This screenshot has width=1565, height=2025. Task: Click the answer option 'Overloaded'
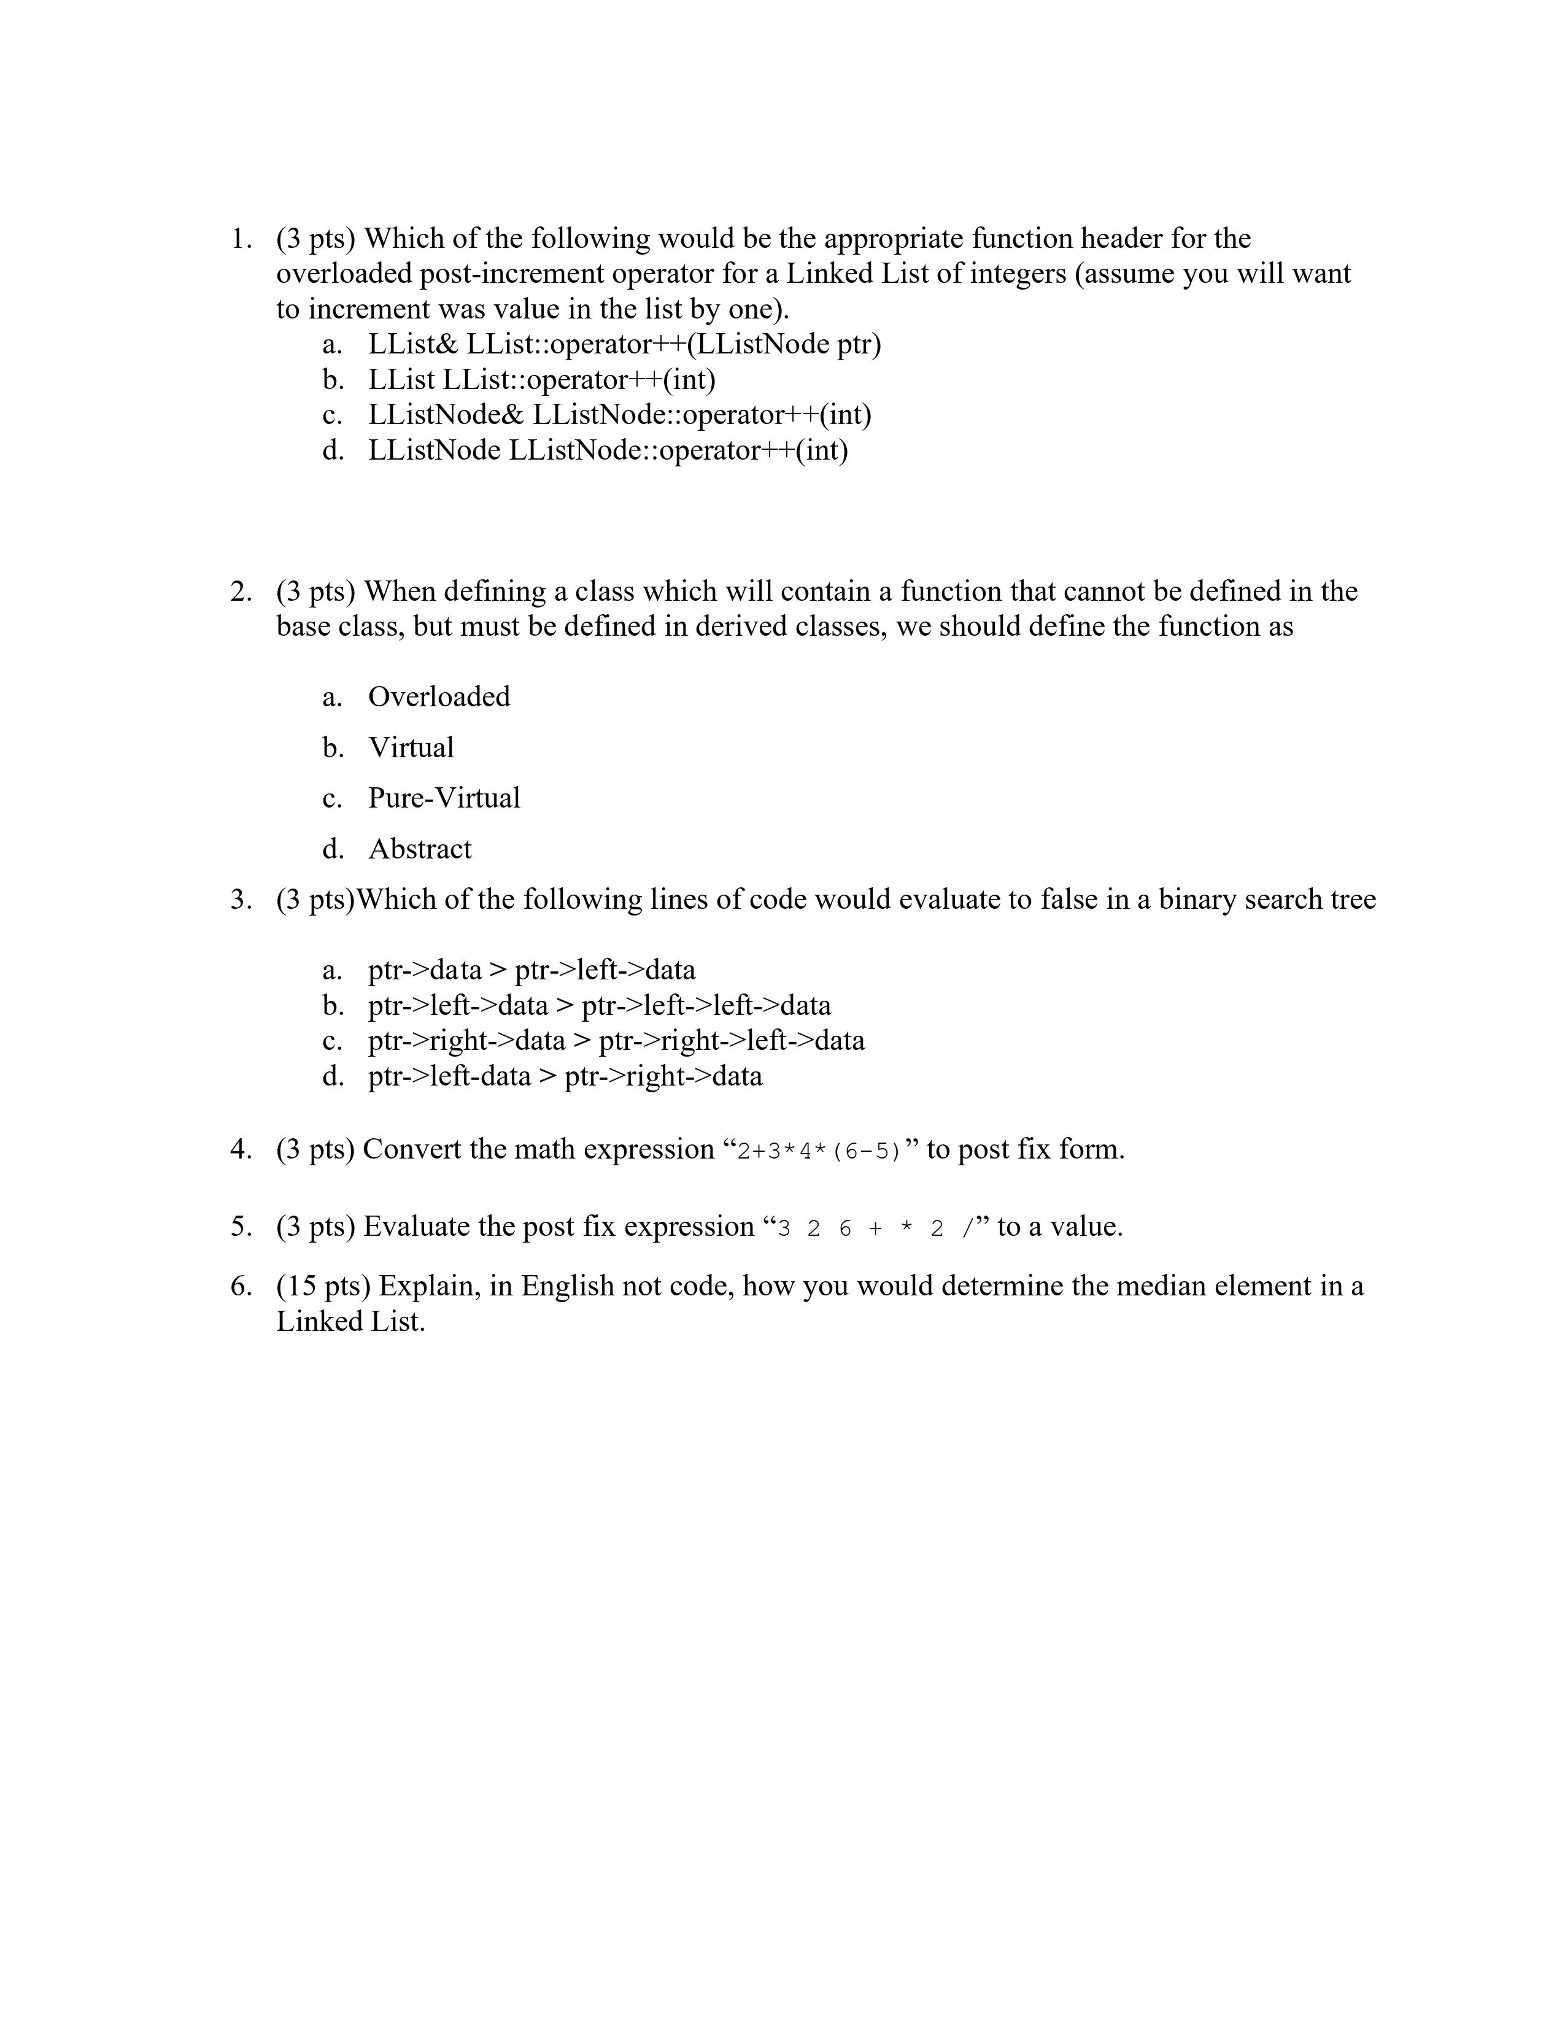tap(439, 697)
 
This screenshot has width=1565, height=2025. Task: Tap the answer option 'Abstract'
tap(420, 849)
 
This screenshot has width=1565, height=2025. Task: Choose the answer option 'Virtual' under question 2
tap(411, 748)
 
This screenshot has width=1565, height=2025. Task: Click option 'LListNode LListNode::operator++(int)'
tap(607, 450)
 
